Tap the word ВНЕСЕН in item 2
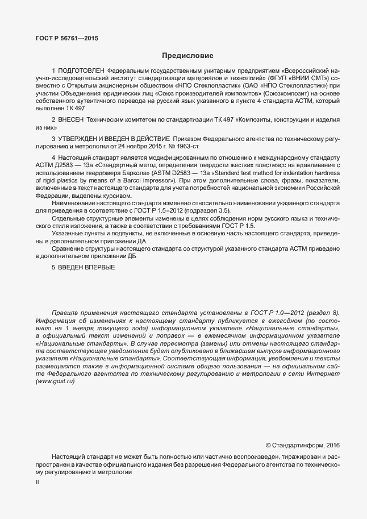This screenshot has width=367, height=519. pyautogui.click(x=70, y=120)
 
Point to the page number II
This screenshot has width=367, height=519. pyautogui.click(x=37, y=481)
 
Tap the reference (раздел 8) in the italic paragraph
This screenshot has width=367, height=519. pyautogui.click(x=323, y=313)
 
